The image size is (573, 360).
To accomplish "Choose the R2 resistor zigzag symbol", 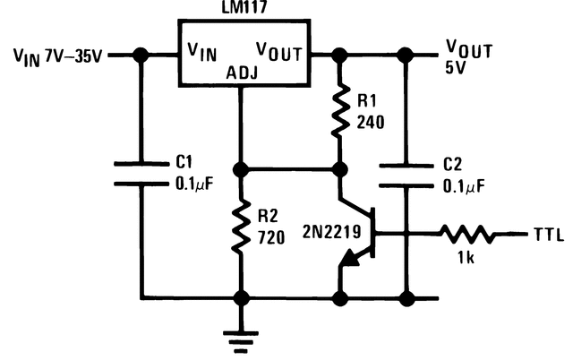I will pyautogui.click(x=240, y=227).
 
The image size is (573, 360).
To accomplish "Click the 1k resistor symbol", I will pyautogui.click(x=466, y=235).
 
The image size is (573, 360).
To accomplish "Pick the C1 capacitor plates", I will pyautogui.click(x=141, y=175).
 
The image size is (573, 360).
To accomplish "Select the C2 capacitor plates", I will pyautogui.click(x=405, y=175).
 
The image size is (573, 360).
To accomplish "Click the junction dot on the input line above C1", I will pyautogui.click(x=141, y=56).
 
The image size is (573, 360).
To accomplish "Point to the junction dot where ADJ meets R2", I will pyautogui.click(x=240, y=168).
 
